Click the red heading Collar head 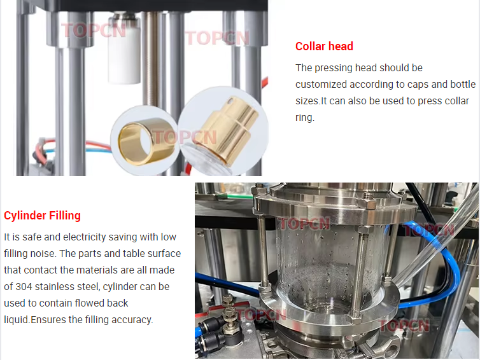(324, 46)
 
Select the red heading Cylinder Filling (42, 216)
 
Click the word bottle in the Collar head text (461, 85)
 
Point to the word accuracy (132, 320)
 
